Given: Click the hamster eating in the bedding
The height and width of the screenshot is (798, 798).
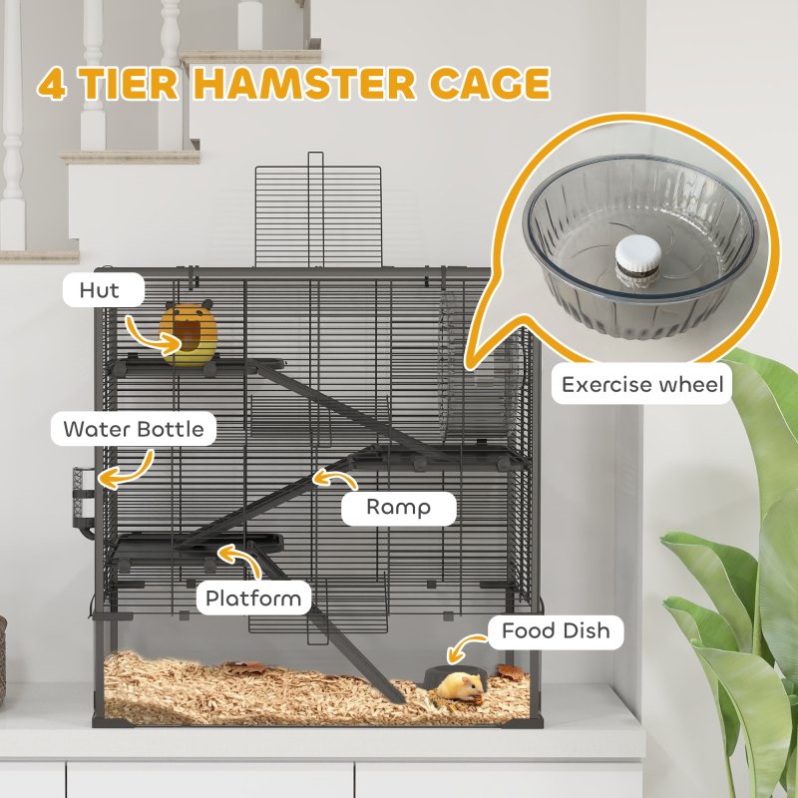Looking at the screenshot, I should [462, 685].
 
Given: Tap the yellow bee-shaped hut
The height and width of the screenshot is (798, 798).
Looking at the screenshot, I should [187, 335].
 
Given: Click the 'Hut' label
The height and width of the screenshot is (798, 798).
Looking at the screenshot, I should [100, 291].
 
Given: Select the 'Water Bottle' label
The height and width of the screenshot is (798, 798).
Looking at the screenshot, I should [134, 430].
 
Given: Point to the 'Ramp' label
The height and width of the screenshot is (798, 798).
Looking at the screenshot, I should [398, 507].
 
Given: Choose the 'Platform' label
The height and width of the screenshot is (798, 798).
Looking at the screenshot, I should [253, 598].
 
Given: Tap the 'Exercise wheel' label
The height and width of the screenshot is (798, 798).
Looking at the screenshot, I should [641, 385].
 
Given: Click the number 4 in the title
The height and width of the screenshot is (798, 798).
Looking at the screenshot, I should [52, 83].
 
